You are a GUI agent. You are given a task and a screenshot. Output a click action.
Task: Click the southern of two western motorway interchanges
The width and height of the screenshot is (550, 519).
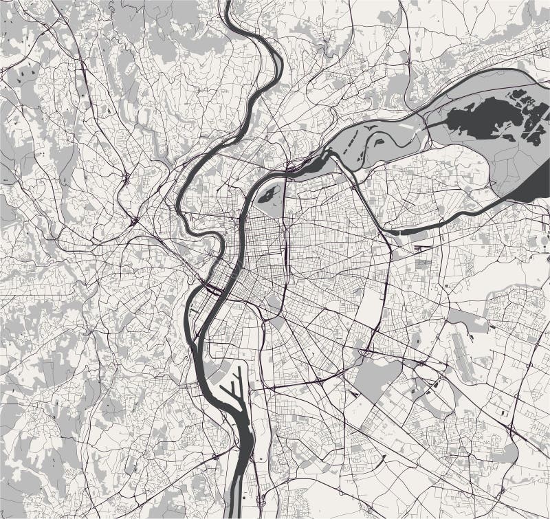[x=132, y=221]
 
